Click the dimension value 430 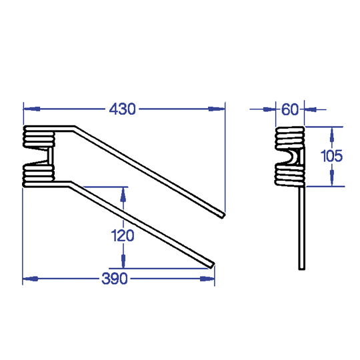(x=123, y=109)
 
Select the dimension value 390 (x=115, y=279)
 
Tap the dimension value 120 (x=123, y=235)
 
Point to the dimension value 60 (x=290, y=109)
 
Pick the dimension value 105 (x=331, y=156)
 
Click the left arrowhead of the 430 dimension (x=32, y=109)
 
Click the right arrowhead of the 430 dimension (x=217, y=109)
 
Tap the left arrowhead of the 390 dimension (x=31, y=279)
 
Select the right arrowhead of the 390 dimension (x=207, y=279)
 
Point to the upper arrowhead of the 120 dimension (x=123, y=195)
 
